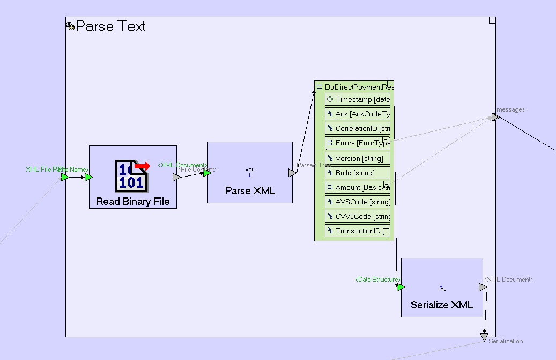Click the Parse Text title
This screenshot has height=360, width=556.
click(110, 26)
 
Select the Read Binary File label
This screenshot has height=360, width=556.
click(132, 202)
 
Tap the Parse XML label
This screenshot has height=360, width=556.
click(250, 190)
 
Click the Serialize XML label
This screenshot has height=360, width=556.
click(442, 305)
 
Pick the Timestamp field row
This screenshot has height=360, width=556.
click(358, 99)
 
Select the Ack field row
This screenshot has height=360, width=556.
click(358, 114)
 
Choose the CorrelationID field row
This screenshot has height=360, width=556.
click(358, 129)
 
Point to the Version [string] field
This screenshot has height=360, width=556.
click(358, 158)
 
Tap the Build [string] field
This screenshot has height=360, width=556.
click(358, 173)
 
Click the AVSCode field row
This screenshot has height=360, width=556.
click(358, 202)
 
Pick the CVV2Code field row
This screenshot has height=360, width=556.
click(358, 216)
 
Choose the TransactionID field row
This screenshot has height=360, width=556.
click(358, 231)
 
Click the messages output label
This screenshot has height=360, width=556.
click(511, 109)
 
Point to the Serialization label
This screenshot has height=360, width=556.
click(506, 341)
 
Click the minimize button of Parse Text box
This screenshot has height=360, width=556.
click(492, 20)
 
